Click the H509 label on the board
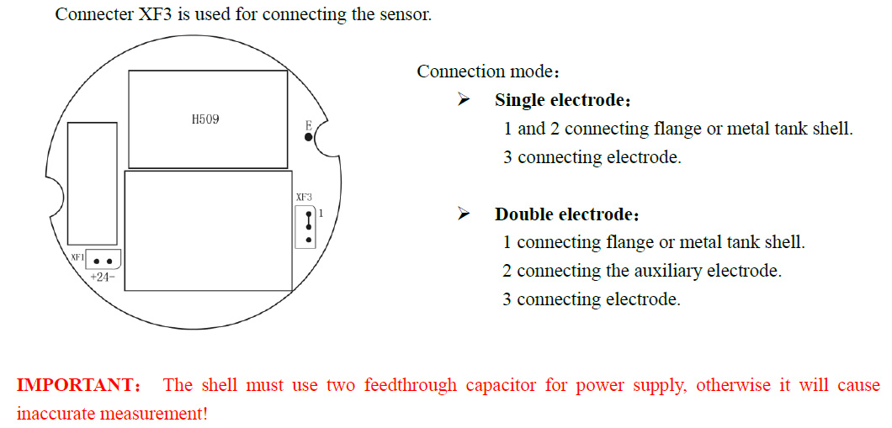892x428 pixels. (205, 120)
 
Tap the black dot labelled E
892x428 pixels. (308, 137)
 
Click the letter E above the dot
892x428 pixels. (308, 125)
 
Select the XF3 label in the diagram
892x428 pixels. (304, 198)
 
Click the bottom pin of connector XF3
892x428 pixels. (308, 240)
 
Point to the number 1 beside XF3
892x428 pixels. (321, 214)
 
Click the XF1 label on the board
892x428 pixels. (77, 257)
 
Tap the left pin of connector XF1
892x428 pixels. (97, 262)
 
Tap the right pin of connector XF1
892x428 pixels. (109, 262)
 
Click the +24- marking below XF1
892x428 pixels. (103, 277)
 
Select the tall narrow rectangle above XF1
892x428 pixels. (93, 183)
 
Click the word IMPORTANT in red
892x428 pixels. (75, 385)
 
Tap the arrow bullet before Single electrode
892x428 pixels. (464, 101)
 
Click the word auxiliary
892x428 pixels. (668, 271)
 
